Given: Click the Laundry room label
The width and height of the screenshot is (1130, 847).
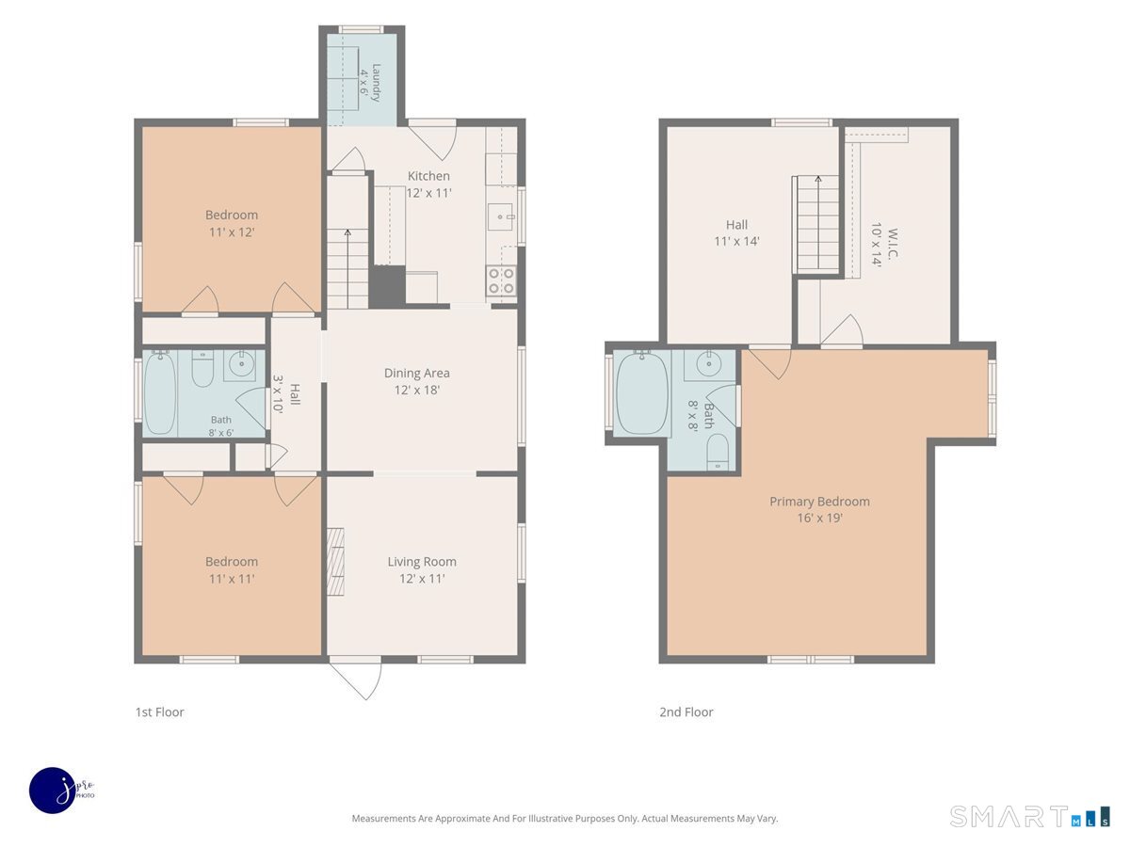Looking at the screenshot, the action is click(376, 82).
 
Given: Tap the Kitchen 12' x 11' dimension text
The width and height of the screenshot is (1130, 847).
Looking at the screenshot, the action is click(428, 193).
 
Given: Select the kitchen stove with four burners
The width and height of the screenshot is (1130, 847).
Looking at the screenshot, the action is click(501, 280).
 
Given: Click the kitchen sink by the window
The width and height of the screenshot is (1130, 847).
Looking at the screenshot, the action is click(501, 217).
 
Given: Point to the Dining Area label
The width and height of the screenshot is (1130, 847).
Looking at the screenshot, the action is click(417, 373).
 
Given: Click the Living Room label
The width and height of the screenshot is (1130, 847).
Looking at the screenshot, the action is click(422, 562).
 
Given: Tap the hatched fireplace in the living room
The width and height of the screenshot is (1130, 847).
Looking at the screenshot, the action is click(335, 562).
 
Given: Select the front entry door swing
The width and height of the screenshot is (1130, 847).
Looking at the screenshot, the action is click(355, 677).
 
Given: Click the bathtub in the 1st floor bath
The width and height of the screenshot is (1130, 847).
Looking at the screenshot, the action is click(160, 392).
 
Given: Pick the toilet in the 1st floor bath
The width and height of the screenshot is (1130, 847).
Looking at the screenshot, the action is click(202, 368).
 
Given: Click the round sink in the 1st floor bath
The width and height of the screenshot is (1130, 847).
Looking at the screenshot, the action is click(240, 366).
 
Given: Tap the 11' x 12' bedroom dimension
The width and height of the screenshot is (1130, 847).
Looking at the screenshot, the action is click(232, 232).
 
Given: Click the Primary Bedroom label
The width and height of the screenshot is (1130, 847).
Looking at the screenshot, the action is click(819, 502).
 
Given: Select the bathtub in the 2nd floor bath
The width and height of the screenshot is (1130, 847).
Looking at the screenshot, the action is click(642, 393).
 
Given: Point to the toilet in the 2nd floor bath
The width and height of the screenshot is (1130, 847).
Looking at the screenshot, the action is click(718, 452).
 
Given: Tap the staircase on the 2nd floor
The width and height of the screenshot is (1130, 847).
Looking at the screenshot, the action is click(818, 223).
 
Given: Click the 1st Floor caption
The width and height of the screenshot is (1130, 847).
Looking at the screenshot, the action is click(159, 711).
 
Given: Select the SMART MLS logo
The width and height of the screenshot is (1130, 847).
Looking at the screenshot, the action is click(1029, 816).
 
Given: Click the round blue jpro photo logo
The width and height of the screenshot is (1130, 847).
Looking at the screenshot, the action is click(54, 791).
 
